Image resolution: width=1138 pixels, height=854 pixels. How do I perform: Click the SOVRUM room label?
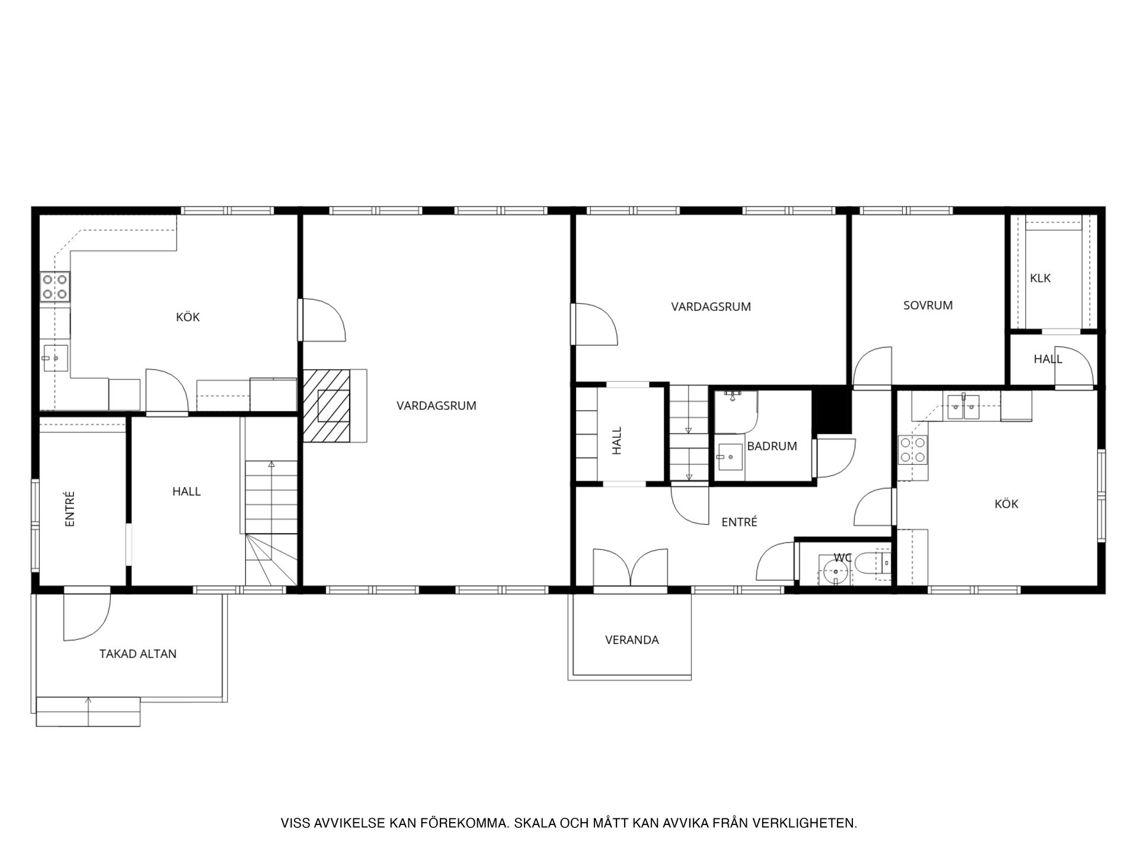[928, 305]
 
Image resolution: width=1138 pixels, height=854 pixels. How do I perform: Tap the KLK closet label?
[1040, 278]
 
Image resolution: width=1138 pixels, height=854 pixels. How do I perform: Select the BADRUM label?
[772, 446]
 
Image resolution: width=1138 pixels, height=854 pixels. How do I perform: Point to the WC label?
[842, 557]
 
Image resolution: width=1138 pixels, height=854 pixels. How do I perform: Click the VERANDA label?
[632, 640]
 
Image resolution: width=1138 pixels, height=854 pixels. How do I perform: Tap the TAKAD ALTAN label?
[138, 654]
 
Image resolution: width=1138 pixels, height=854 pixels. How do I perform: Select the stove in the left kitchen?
[55, 286]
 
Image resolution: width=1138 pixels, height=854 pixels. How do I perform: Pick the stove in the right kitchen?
[913, 450]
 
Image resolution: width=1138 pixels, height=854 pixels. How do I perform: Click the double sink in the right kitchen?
[964, 407]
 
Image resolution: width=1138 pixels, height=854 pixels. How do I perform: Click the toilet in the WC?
[874, 563]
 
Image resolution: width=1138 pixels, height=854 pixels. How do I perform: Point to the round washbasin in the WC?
[835, 572]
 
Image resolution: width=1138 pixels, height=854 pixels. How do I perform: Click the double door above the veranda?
[631, 568]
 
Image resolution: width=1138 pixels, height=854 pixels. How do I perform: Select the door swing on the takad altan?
[87, 617]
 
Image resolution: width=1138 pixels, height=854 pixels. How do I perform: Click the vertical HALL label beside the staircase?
[617, 441]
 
